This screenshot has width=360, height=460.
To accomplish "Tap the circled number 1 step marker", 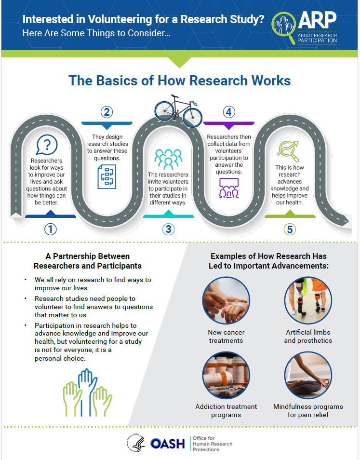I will click(51, 229).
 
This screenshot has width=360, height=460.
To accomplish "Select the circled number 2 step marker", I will click(107, 112).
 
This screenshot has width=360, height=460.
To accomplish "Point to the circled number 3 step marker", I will click(168, 229).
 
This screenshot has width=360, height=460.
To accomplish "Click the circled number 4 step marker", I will click(228, 112).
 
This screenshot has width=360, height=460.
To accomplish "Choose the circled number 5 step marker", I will click(290, 229).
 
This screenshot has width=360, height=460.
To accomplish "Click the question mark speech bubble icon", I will click(47, 144).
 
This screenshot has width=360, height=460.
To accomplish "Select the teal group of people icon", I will click(168, 159).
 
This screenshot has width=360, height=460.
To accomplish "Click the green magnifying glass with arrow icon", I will click(289, 151).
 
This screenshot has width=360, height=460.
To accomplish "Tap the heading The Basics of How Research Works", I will click(180, 80).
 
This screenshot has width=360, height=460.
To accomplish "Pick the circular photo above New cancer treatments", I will click(226, 300).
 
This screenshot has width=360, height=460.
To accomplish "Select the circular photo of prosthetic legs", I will click(308, 300).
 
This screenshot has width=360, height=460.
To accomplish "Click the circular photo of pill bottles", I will click(226, 375).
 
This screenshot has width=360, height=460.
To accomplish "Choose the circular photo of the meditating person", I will click(308, 375).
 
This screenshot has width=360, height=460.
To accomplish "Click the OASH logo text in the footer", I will click(167, 443).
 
